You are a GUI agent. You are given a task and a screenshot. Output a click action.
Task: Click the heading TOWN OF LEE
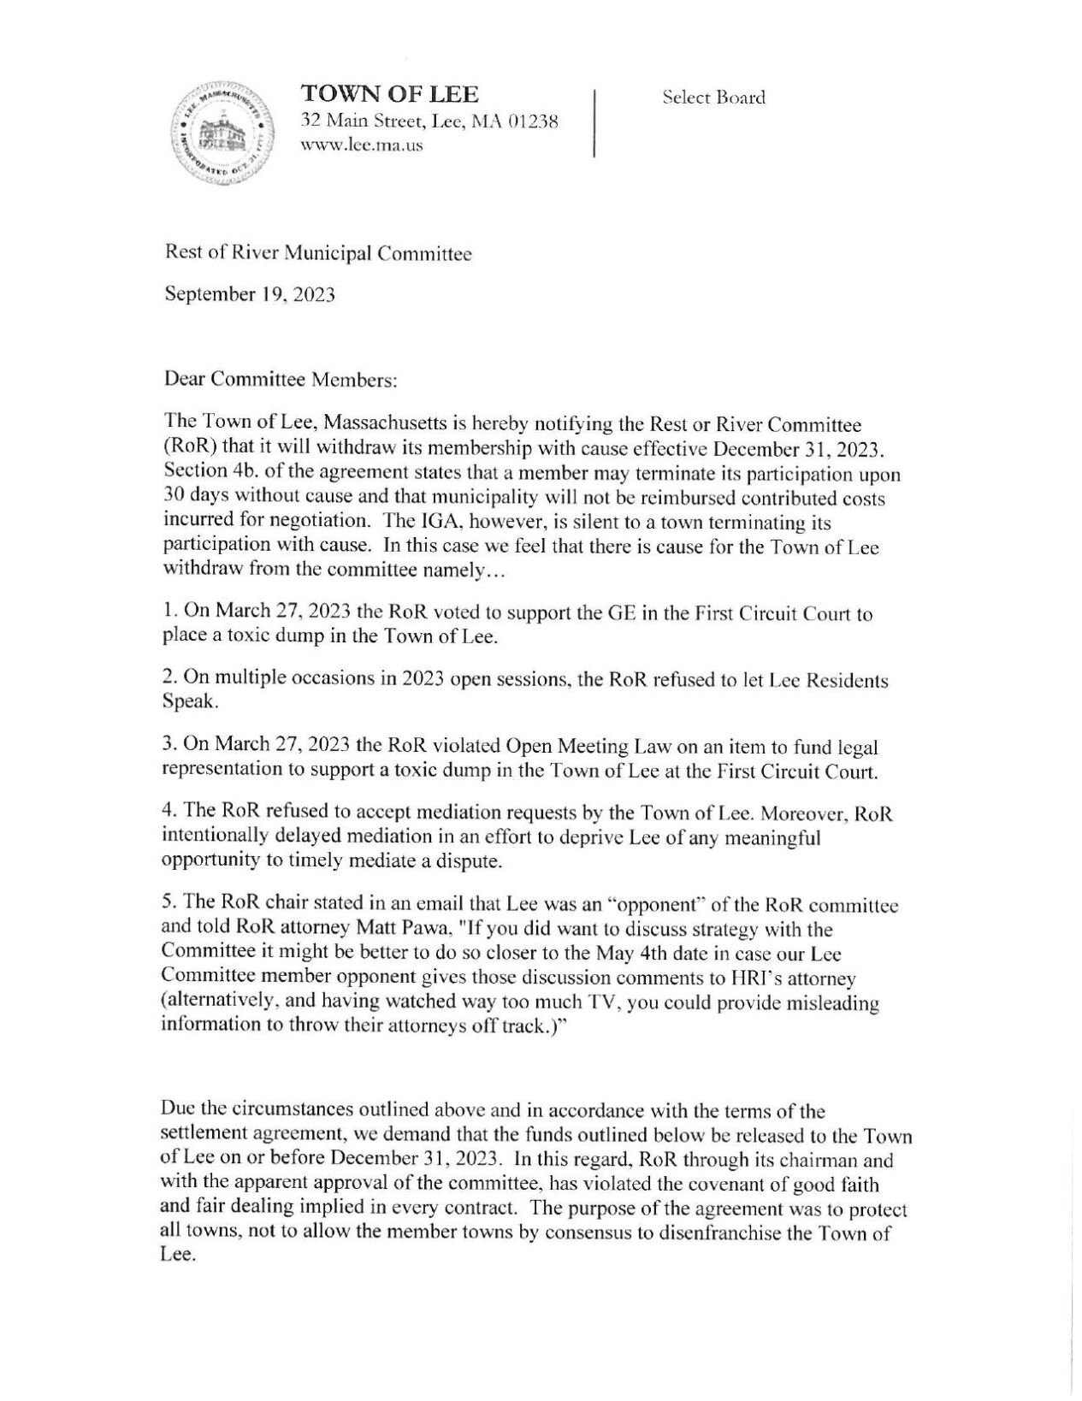388,94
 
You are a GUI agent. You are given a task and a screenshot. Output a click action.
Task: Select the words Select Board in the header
713,98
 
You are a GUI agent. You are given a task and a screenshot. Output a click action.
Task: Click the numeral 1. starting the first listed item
168,614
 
